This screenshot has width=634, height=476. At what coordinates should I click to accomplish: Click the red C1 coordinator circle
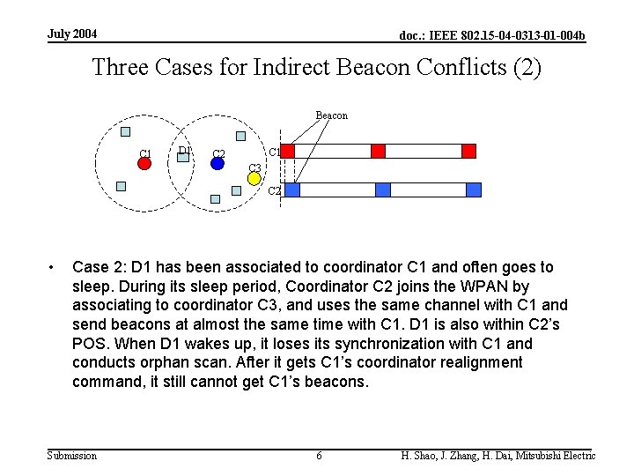tap(145, 163)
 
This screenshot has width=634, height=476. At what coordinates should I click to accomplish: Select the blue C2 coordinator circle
tap(217, 163)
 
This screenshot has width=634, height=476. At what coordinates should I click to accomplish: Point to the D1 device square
tap(184, 156)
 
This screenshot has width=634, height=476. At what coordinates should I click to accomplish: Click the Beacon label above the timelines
tap(331, 115)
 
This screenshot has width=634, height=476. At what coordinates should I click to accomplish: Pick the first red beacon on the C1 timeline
tap(287, 151)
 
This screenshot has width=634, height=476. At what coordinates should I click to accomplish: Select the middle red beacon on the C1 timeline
tap(378, 151)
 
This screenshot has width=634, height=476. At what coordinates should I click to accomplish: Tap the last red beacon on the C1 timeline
tap(468, 151)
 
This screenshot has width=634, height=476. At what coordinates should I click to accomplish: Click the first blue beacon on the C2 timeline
tap(292, 190)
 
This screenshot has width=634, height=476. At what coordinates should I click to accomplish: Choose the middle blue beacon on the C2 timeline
tap(382, 190)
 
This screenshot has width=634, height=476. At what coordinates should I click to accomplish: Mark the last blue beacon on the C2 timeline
tap(474, 190)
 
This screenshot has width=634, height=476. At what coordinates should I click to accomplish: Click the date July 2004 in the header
tap(72, 34)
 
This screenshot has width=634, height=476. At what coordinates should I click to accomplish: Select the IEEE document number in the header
tap(492, 35)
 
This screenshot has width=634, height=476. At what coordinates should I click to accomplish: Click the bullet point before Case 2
tap(54, 267)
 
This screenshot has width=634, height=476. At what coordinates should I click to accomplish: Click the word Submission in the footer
tap(72, 455)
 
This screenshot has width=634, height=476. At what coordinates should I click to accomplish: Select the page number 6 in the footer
tap(319, 455)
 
